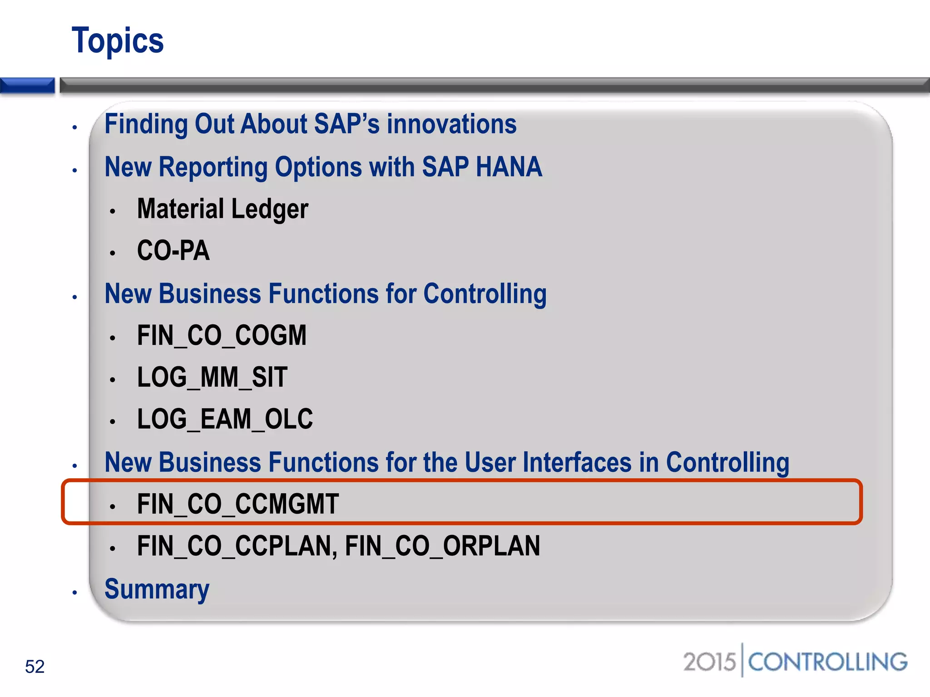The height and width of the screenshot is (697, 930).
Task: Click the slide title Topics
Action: pyautogui.click(x=118, y=41)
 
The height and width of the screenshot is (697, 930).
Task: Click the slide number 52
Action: pyautogui.click(x=35, y=667)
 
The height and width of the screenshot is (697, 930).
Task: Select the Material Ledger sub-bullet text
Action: pyautogui.click(x=223, y=209)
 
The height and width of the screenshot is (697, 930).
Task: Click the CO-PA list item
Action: pyautogui.click(x=173, y=250)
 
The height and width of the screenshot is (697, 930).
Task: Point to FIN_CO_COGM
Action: pyautogui.click(x=222, y=336)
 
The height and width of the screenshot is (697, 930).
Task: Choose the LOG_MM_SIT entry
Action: pyautogui.click(x=212, y=378)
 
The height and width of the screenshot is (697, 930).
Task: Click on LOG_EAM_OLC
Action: pyautogui.click(x=225, y=419)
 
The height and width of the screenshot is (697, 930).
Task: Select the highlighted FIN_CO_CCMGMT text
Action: pyautogui.click(x=238, y=504)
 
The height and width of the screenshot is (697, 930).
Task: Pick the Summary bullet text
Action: pyautogui.click(x=157, y=589)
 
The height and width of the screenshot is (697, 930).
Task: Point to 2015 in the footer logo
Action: pyautogui.click(x=709, y=662)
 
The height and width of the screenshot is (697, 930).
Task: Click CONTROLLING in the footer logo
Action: pyautogui.click(x=827, y=662)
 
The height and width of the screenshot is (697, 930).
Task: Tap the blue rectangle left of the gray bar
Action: pyautogui.click(x=27, y=85)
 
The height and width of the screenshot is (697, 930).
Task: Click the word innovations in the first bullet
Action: pyautogui.click(x=451, y=124)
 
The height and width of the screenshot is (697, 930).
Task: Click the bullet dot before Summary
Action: pyautogui.click(x=75, y=593)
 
